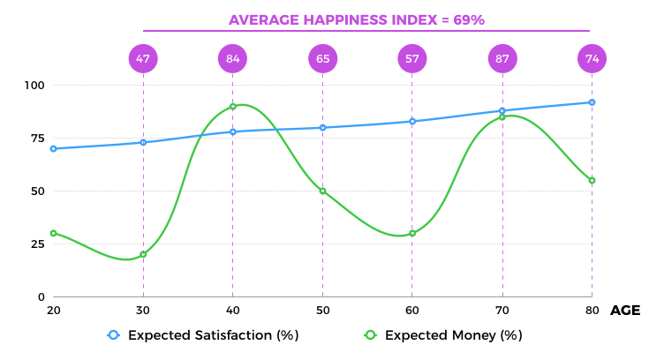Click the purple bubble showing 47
(143, 59)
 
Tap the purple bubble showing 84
(232, 59)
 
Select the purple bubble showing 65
(322, 59)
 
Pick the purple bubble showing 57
(412, 59)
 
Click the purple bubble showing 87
(502, 59)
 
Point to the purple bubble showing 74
(592, 59)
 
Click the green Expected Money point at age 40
(232, 107)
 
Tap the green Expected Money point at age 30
(143, 254)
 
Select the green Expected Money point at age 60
(412, 233)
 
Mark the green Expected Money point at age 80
(592, 180)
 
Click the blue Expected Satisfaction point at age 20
(53, 148)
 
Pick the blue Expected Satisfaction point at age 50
(322, 127)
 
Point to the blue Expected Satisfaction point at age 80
(592, 102)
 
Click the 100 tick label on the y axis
(34, 86)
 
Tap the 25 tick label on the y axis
(36, 244)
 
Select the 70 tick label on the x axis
(502, 311)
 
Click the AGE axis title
(625, 311)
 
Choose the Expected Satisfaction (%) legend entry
(203, 335)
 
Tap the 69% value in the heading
(469, 19)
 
